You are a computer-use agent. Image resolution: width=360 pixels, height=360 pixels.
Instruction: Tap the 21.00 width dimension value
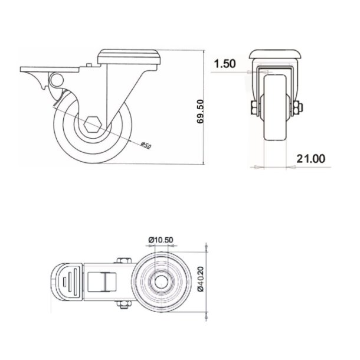[x=310, y=158]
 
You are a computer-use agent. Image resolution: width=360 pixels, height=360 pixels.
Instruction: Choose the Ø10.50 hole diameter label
[x=160, y=239]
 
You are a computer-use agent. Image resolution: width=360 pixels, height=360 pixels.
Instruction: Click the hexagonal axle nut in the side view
[x=91, y=125]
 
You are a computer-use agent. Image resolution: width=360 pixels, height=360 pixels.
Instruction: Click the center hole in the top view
[x=160, y=283]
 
